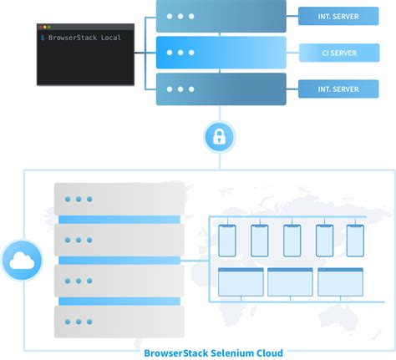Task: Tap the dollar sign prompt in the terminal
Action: pyautogui.click(x=43, y=38)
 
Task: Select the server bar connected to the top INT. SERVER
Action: pyautogui.click(x=221, y=16)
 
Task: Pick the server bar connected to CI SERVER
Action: pyautogui.click(x=221, y=53)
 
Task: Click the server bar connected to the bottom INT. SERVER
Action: pyautogui.click(x=221, y=89)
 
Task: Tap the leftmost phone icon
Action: pyautogui.click(x=226, y=241)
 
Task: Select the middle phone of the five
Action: pyautogui.click(x=292, y=241)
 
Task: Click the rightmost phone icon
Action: pyautogui.click(x=355, y=241)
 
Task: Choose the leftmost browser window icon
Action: pyautogui.click(x=241, y=282)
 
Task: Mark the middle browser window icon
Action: pyautogui.click(x=290, y=282)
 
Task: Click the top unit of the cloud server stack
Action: pyautogui.click(x=116, y=200)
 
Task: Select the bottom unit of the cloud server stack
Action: pyautogui.click(x=116, y=319)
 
